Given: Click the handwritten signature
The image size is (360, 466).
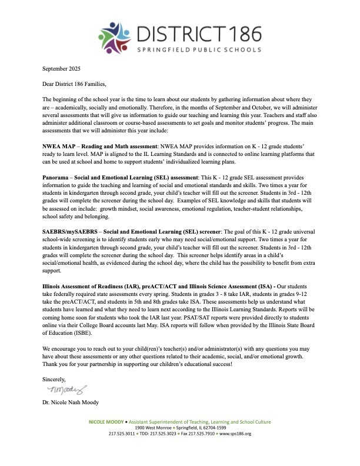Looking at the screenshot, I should coord(61,389).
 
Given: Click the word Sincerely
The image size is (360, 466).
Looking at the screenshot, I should coord(56,379).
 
